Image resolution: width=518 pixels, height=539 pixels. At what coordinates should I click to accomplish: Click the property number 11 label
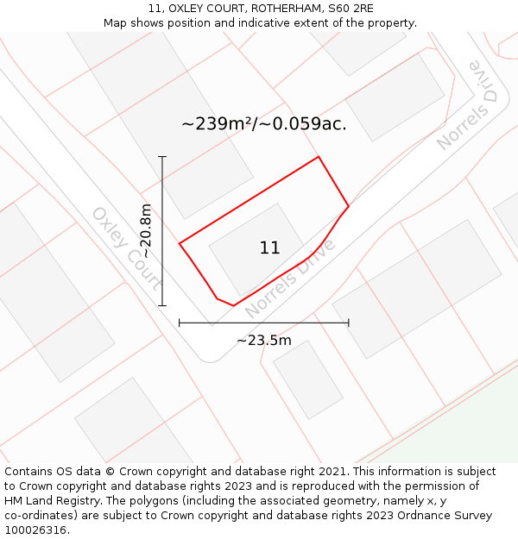[x=269, y=248]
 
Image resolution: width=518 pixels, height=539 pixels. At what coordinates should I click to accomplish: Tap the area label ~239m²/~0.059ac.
[x=264, y=123]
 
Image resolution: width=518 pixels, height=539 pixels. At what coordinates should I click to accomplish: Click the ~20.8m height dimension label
[x=147, y=231]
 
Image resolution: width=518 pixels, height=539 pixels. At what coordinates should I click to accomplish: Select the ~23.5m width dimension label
[x=264, y=340]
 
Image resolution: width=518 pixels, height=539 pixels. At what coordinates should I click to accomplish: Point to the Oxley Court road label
[x=127, y=248]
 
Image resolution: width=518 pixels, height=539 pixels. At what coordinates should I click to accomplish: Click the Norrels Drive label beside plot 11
[x=290, y=278]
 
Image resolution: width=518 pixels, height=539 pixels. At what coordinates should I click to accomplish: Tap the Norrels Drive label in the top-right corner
[x=469, y=105]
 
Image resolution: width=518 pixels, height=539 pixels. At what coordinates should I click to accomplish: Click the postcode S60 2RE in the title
[x=351, y=9]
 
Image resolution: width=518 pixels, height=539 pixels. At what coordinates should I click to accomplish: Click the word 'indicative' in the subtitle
[x=260, y=23]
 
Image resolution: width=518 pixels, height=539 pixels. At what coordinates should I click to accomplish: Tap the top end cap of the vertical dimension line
[x=162, y=157]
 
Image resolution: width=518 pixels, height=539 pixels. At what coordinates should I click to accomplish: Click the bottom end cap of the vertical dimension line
[x=162, y=305]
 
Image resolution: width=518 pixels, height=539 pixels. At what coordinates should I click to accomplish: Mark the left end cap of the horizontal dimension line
[x=180, y=323]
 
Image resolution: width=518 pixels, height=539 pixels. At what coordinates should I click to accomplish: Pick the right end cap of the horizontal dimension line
[x=349, y=323]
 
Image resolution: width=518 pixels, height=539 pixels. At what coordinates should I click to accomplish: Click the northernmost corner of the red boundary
[x=319, y=157]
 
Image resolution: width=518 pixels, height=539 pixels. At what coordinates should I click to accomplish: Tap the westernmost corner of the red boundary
[x=180, y=244]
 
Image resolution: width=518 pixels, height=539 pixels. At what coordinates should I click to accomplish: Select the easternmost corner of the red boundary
[x=348, y=206]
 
